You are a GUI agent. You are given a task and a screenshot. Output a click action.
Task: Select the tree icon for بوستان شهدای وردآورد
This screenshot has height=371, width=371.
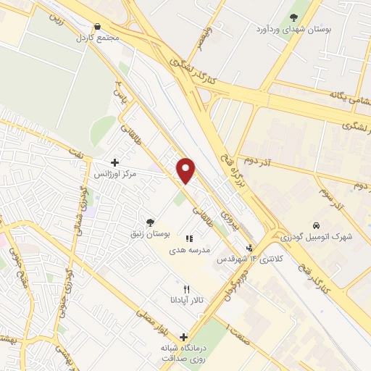[293, 17]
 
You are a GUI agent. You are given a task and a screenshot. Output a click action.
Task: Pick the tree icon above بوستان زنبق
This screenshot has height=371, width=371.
[150, 222]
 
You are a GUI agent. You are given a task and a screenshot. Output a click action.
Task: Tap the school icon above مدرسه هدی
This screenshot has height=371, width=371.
[190, 238]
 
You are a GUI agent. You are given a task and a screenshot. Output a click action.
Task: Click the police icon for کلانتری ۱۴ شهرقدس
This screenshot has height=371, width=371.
[250, 248]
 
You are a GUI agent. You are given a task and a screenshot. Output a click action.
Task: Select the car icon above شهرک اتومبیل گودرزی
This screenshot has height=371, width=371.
[316, 225]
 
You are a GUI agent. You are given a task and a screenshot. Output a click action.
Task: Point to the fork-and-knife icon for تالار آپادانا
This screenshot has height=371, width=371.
[187, 288]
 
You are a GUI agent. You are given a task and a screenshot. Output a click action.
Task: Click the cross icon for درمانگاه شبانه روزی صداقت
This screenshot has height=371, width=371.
[183, 337]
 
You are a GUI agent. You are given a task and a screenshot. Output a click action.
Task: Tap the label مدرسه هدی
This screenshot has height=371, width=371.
[190, 249]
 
